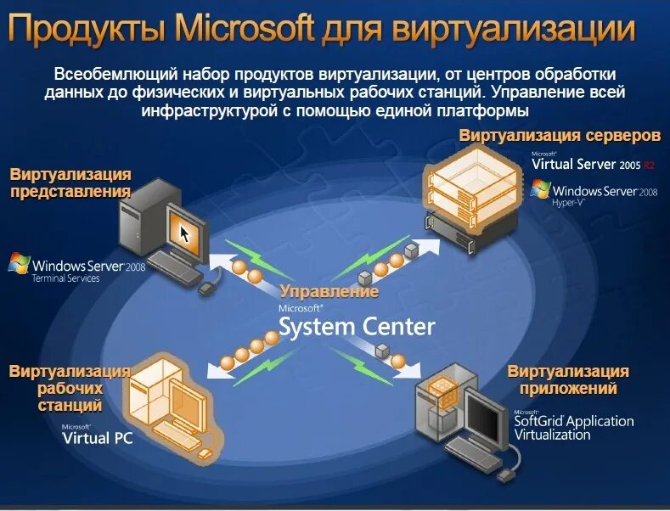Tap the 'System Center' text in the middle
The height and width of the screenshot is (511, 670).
[357, 326]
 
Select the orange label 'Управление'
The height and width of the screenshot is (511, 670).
[329, 291]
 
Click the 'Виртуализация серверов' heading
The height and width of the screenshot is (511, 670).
[560, 136]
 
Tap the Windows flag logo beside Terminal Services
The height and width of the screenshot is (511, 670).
[19, 263]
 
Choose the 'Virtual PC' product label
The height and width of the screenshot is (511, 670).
[98, 438]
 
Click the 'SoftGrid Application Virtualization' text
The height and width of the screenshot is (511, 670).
[573, 427]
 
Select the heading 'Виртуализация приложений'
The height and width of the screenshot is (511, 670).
[568, 379]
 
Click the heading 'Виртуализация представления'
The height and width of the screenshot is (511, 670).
[70, 182]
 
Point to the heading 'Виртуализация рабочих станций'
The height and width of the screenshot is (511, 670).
[70, 388]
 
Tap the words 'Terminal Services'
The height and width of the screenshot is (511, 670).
[65, 278]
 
